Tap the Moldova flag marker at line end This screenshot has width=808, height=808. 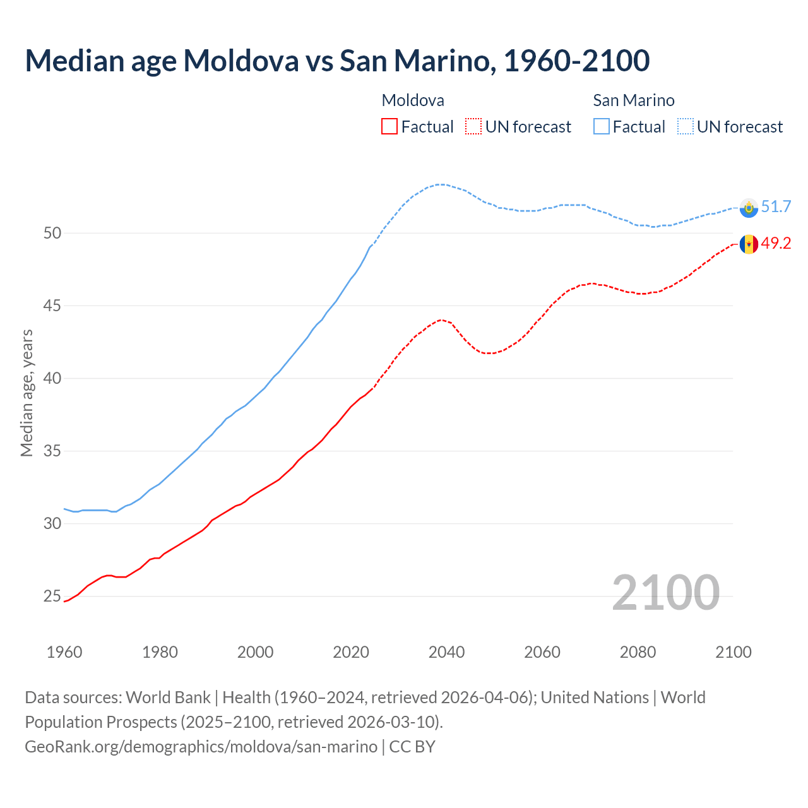[x=749, y=244]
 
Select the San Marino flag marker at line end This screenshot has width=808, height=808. [x=749, y=208]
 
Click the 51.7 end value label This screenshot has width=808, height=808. [x=776, y=207]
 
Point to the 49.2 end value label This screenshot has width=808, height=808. [x=776, y=244]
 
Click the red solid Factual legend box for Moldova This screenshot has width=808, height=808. [x=389, y=127]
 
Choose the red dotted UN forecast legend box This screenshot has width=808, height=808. [x=473, y=127]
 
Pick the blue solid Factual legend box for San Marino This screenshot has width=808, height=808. [x=602, y=127]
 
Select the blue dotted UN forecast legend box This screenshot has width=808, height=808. [x=686, y=127]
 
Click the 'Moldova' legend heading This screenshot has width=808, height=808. [x=413, y=100]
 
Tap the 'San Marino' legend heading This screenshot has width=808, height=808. [x=634, y=100]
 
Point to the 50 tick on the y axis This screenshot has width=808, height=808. [x=52, y=233]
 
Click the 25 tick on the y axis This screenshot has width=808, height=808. [x=52, y=597]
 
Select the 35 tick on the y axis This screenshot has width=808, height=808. [x=52, y=451]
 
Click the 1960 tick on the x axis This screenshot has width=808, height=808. [x=64, y=652]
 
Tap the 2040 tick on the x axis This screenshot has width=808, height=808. [x=447, y=652]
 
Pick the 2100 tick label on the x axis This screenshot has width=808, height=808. [x=734, y=652]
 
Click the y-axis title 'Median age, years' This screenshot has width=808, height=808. [x=27, y=393]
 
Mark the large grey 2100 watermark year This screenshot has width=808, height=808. [x=665, y=593]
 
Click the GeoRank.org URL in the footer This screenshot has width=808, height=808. [x=201, y=747]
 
